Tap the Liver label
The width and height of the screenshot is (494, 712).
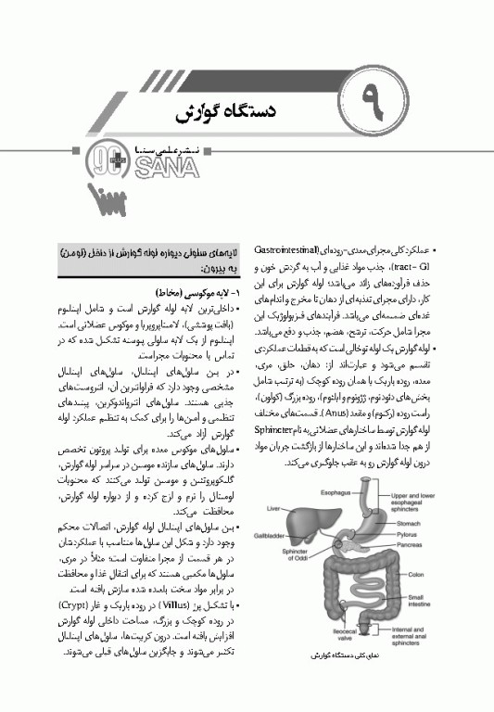pyautogui.click(x=273, y=509)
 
